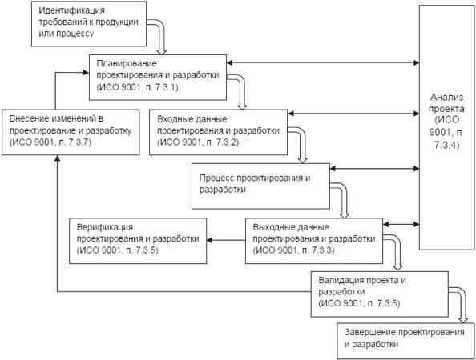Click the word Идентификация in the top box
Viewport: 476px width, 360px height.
pos(71,10)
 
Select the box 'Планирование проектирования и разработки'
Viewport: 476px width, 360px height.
pos(158,78)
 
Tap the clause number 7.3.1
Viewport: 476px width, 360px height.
pos(167,87)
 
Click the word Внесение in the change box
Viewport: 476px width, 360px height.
pos(28,118)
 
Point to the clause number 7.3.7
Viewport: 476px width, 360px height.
pos(79,142)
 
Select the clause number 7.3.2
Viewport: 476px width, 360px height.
pos(227,142)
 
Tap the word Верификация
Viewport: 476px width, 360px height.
pos(105,227)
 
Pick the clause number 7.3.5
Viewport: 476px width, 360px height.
pos(147,250)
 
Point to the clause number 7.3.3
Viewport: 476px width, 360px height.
pos(322,250)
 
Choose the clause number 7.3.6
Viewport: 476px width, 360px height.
pos(388,304)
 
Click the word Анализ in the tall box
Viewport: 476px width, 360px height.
pos(447,98)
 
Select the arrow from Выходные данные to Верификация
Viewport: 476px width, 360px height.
pos(226,241)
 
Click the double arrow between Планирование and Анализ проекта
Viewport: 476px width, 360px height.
pos(323,62)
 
